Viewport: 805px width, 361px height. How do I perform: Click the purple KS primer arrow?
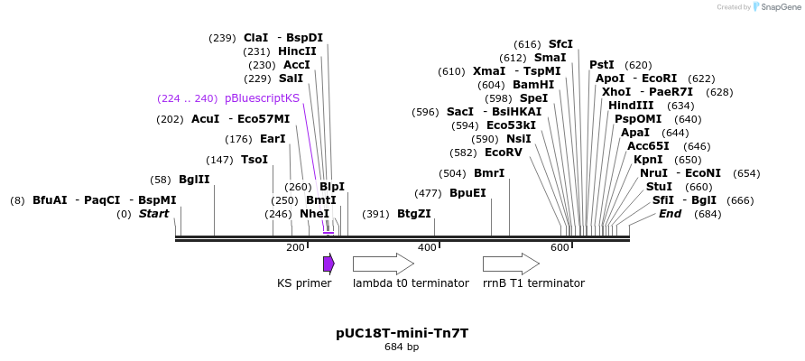328,264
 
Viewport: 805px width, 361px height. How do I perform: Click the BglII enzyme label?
194,180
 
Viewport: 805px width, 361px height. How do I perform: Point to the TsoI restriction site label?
254,160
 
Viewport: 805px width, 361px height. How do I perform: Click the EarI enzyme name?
273,139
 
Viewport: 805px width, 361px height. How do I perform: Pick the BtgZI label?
414,214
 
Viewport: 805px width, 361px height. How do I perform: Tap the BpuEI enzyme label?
467,193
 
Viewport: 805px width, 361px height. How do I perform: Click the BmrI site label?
489,173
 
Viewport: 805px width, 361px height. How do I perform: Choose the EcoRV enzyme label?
504,153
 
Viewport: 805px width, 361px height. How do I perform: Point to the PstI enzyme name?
602,65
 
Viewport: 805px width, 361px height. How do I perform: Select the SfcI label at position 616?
560,44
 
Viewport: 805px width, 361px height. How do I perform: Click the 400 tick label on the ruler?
427,247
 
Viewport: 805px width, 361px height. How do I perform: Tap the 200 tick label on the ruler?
295,247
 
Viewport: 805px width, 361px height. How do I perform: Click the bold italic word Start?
153,214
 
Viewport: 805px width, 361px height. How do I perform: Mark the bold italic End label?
670,214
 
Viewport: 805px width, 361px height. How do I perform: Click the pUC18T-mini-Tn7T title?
402,333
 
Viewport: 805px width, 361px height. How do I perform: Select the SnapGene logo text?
781,7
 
